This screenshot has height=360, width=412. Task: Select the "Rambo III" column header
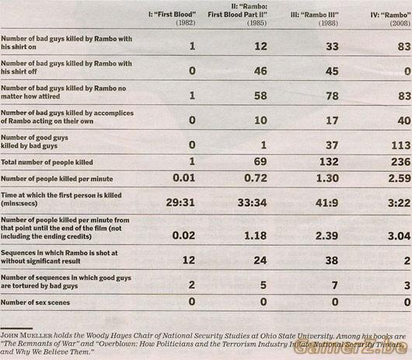coord(315,15)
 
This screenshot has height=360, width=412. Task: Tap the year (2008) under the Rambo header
coord(400,23)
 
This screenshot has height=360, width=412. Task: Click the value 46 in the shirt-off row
coord(260,71)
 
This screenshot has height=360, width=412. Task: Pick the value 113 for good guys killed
coord(400,145)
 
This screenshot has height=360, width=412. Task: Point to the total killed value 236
coord(400,162)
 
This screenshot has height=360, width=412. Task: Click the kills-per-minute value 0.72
coord(256,178)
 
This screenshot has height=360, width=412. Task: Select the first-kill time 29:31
coord(180,203)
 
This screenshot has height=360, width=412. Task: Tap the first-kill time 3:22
coord(399,203)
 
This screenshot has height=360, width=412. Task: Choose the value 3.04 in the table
coord(399,236)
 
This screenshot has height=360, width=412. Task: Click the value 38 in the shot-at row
coord(332,260)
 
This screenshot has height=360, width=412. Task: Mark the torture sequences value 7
coord(335,285)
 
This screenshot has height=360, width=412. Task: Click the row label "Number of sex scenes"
coord(35,302)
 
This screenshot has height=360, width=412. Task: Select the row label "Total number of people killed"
coord(47,163)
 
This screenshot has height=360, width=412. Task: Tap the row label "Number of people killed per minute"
coord(57,179)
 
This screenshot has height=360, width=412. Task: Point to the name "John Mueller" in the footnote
coord(26,336)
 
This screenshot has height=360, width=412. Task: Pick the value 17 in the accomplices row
coord(332,121)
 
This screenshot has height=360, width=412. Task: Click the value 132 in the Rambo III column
coord(329,162)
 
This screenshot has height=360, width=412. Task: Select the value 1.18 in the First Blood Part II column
coord(256,236)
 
